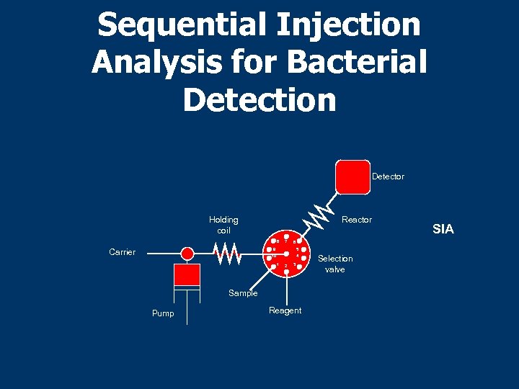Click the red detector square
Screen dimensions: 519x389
pos(352,176)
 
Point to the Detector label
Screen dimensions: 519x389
pos(388,176)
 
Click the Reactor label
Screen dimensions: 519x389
pos(357,220)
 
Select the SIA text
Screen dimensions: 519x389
pos(443,230)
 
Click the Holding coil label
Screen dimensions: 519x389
pos(223,225)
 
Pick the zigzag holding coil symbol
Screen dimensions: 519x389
pos(228,253)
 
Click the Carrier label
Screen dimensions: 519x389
pos(122,252)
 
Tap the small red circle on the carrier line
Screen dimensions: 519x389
pos(187,254)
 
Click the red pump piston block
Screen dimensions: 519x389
pos(187,274)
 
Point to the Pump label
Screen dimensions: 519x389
pos(163,313)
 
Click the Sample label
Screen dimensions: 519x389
pos(243,293)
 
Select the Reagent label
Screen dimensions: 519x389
pos(285,310)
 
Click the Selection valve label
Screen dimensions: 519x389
pos(335,264)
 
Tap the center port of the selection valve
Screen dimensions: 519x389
pos(286,254)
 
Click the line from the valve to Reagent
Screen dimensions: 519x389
pos(286,288)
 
